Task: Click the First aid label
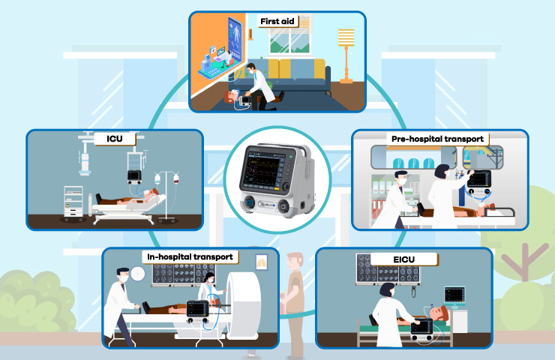(277, 21)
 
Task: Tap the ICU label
(115, 139)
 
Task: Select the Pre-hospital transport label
(437, 139)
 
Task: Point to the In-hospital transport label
(190, 257)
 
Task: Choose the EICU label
(403, 259)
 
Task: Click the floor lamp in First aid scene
(346, 56)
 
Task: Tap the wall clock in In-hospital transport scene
(138, 274)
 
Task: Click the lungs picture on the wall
(262, 262)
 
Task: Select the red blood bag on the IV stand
(176, 178)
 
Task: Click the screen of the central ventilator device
(261, 168)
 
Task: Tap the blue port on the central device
(250, 203)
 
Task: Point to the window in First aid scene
(290, 40)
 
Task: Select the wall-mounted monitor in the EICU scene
(454, 295)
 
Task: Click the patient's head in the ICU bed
(153, 192)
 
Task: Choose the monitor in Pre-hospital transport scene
(479, 179)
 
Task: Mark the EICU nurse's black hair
(386, 289)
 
